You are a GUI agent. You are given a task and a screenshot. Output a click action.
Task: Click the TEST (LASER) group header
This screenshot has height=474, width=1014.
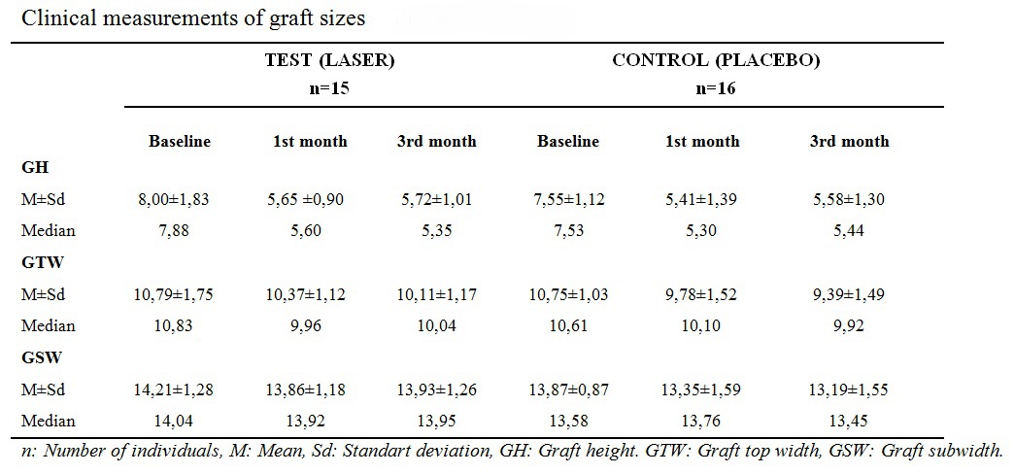coord(330,60)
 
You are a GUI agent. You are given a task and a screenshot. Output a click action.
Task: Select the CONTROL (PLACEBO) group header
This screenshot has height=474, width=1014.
coord(716,60)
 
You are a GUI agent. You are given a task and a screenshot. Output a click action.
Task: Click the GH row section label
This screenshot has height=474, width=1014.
coord(33,167)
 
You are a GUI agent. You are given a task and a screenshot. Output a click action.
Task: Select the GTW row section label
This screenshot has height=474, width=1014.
coord(39,262)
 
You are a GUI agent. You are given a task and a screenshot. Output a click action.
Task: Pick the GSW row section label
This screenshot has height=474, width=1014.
coord(39,357)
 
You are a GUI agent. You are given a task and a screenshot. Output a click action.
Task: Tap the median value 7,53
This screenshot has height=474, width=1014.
coord(567,230)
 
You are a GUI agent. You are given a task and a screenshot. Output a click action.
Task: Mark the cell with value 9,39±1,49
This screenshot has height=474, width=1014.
coord(849,294)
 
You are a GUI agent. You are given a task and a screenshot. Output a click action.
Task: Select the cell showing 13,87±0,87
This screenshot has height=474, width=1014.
coord(567,389)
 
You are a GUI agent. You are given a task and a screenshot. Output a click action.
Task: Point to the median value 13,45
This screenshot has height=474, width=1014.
coord(849,422)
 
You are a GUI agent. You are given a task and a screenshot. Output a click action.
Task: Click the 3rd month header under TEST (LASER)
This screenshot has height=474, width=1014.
coord(437,141)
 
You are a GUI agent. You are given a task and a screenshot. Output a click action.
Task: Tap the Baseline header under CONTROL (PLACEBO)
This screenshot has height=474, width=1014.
coord(567,141)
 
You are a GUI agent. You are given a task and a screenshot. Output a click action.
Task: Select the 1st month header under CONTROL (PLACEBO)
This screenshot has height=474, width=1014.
coord(702,141)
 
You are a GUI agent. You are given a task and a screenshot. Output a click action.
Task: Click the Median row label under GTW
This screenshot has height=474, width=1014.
coord(48,325)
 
